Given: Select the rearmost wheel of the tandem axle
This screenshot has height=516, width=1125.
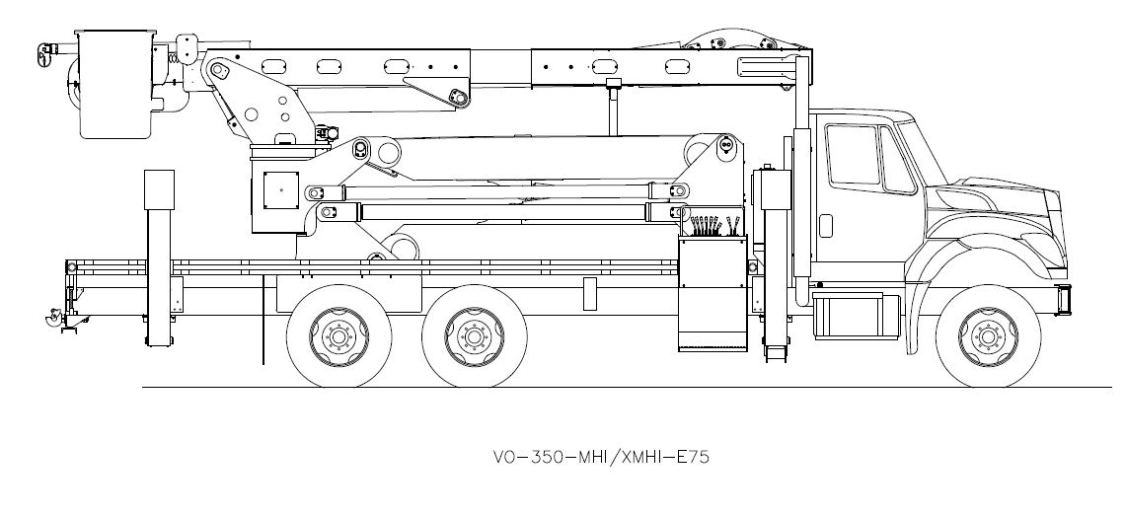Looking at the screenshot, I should click(335, 337).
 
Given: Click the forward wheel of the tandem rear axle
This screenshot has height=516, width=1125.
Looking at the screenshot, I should click(470, 337).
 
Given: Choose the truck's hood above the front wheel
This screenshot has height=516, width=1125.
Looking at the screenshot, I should click(997, 202).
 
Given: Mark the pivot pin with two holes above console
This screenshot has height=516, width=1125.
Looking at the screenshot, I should click(725, 145).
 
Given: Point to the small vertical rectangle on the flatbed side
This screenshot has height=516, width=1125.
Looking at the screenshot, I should click(590, 293).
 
